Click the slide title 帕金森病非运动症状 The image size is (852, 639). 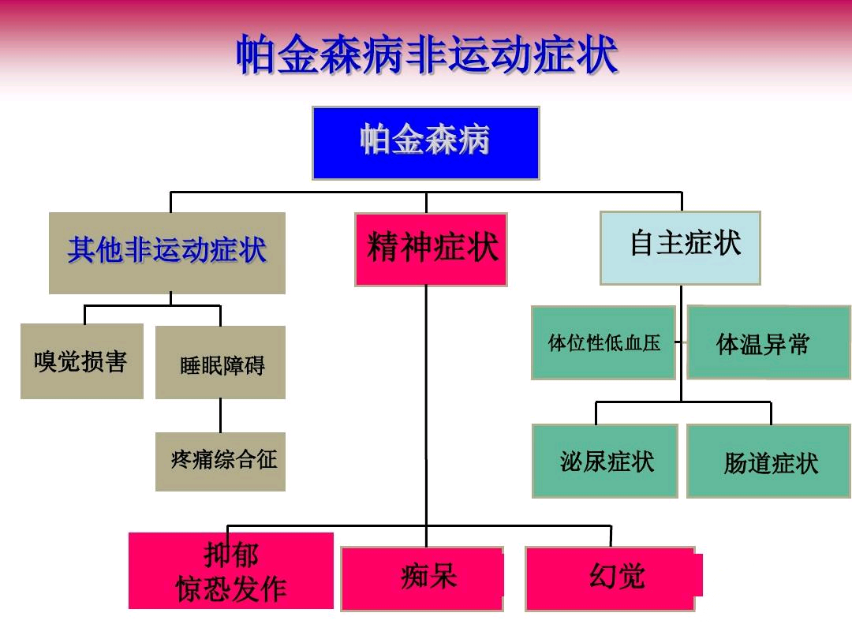[x=427, y=54]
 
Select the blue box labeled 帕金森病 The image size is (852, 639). [x=426, y=143]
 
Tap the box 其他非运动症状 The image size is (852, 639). [x=166, y=252]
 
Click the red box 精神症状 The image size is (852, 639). [x=431, y=249]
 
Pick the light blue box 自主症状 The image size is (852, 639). [x=680, y=248]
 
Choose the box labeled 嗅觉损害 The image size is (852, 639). [x=82, y=361]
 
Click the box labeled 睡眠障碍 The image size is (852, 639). [x=220, y=362]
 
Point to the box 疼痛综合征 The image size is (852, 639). [x=220, y=461]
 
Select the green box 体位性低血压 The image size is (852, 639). [x=603, y=342]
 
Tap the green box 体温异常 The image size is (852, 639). [x=769, y=342]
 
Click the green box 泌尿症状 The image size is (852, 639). [x=605, y=461]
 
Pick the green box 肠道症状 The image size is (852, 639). [x=769, y=461]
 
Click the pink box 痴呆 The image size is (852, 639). [x=422, y=579]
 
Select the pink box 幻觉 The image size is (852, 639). [x=613, y=579]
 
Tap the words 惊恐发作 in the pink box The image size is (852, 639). [x=231, y=589]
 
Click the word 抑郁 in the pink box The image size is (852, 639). [x=231, y=555]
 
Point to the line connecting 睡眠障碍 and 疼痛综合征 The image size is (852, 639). [x=221, y=416]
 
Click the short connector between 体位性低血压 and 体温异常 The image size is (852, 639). [x=682, y=342]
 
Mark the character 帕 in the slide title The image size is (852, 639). [x=256, y=54]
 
